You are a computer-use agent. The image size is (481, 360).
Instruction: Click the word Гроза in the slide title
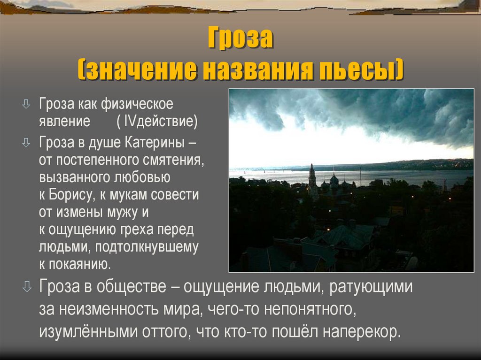[x=240, y=40]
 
